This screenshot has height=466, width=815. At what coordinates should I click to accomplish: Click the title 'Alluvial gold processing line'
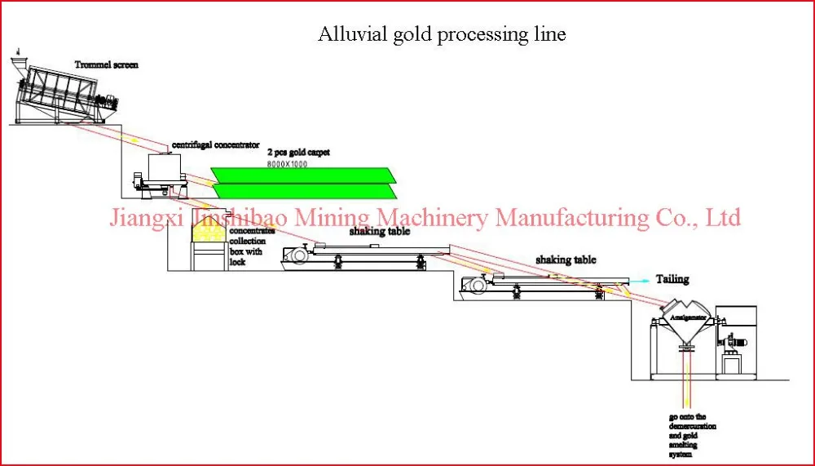pos(441,34)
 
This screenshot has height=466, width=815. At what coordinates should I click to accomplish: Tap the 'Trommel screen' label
pos(107,64)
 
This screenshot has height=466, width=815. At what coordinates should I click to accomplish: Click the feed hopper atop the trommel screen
pos(22,60)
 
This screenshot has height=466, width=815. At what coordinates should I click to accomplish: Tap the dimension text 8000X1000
pos(290,164)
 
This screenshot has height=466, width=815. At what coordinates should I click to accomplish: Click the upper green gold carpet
pos(302,175)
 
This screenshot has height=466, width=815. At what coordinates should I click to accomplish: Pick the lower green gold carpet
pos(302,191)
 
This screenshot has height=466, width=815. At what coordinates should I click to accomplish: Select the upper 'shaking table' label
pos(379,231)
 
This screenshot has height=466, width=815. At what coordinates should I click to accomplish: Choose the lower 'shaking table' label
pos(565,260)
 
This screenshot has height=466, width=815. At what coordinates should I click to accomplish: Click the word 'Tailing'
pos(672,279)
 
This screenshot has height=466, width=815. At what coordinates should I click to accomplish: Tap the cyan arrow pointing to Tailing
pos(640,279)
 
